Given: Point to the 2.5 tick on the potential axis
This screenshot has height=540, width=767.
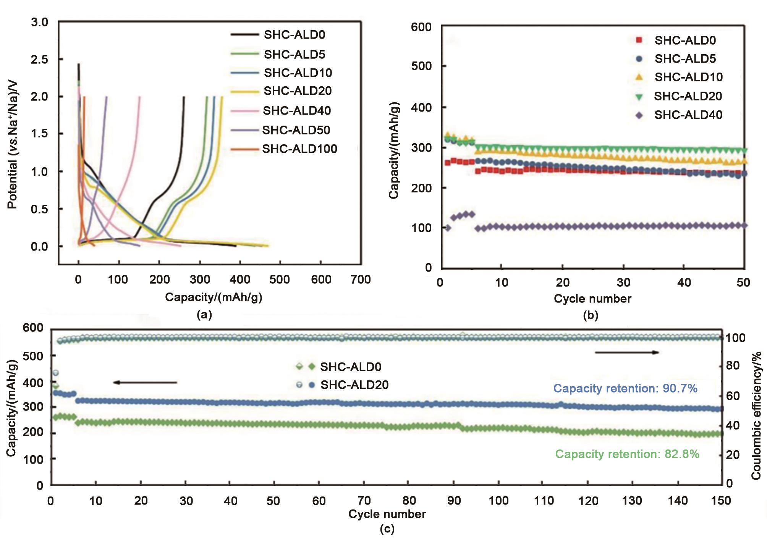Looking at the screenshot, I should pyautogui.click(x=39, y=60).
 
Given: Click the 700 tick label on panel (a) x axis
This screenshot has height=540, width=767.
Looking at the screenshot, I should pyautogui.click(x=361, y=280).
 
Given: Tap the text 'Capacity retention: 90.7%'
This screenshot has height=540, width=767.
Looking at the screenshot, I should pyautogui.click(x=625, y=388).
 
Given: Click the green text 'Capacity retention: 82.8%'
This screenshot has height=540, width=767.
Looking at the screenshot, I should pyautogui.click(x=627, y=454).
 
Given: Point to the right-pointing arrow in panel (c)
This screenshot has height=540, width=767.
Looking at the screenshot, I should pyautogui.click(x=627, y=352).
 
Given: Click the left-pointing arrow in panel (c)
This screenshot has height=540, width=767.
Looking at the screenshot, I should pyautogui.click(x=145, y=382).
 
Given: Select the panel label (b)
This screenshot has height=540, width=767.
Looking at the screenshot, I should pyautogui.click(x=591, y=315).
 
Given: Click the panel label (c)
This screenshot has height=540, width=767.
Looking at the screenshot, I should pyautogui.click(x=387, y=529).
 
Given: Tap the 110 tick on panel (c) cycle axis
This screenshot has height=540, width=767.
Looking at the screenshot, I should pyautogui.click(x=544, y=501).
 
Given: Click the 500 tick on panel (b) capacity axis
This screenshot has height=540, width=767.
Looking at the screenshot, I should pyautogui.click(x=421, y=66).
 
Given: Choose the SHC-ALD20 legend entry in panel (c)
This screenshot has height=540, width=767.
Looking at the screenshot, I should pyautogui.click(x=354, y=385).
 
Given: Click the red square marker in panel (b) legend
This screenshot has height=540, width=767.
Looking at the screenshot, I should pyautogui.click(x=639, y=40).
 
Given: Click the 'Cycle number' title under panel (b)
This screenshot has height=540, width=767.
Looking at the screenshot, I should pyautogui.click(x=592, y=299).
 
